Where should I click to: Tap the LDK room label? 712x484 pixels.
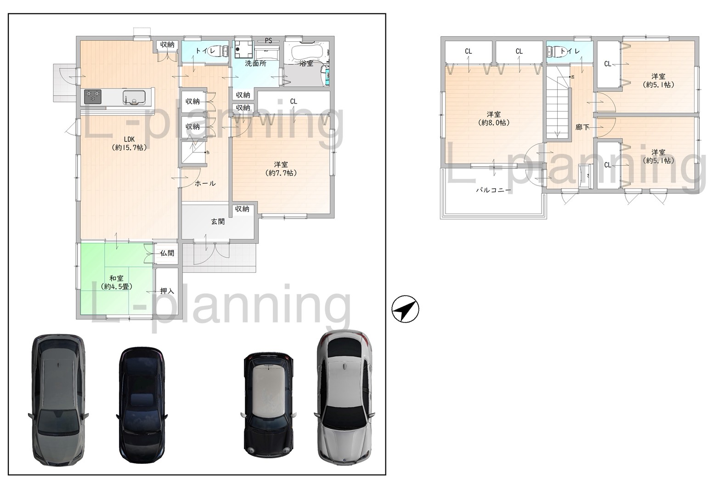[x=129, y=143]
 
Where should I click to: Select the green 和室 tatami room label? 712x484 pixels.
[x=116, y=282]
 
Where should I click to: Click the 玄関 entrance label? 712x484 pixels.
[x=218, y=221]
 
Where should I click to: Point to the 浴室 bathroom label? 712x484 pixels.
[x=306, y=63]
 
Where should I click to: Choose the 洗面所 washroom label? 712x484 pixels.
[x=255, y=63]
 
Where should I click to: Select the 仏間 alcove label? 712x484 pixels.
[x=167, y=253]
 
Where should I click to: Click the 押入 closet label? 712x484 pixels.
[x=167, y=291]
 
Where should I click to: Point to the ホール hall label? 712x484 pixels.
[x=205, y=183]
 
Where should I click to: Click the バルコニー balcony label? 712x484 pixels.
[x=493, y=189]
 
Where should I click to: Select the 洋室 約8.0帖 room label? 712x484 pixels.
[x=494, y=118]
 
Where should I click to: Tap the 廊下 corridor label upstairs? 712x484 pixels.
[x=582, y=127]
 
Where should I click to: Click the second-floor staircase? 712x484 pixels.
[x=557, y=110]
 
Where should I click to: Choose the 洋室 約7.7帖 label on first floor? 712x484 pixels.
[x=281, y=169]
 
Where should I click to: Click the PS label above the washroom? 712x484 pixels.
[x=269, y=40]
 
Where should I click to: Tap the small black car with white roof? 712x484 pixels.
[x=268, y=403]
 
